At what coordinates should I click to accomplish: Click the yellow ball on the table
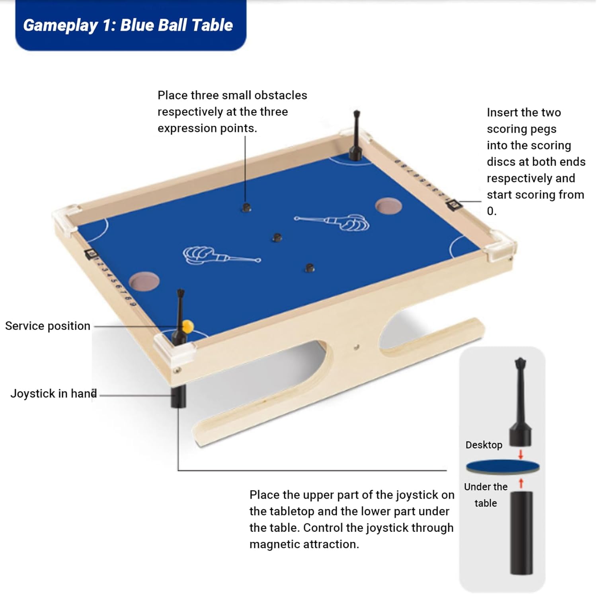187,326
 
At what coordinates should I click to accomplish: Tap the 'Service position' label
48,326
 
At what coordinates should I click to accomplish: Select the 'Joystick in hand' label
53,393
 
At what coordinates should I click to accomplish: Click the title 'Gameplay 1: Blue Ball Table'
128,25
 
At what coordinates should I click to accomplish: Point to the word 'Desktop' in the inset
484,445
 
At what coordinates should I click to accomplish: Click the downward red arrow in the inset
520,454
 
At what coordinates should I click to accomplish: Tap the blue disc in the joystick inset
502,466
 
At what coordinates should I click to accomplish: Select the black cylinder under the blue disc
521,533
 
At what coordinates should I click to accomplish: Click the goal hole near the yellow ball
144,281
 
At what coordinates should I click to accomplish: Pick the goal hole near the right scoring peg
388,206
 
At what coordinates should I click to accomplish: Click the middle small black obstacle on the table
277,238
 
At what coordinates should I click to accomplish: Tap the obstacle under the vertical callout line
246,207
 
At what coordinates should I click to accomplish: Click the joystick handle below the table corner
178,397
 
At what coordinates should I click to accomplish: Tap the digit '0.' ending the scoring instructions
492,211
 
